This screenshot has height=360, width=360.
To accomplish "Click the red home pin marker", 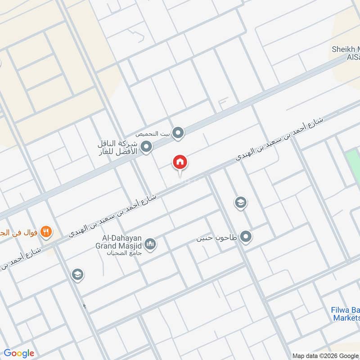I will click(180, 162).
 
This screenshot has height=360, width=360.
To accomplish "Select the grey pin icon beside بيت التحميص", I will click(179, 133).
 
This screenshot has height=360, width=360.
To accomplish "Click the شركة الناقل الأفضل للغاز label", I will click(118, 148).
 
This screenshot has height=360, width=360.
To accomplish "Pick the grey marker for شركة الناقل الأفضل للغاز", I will click(146, 147).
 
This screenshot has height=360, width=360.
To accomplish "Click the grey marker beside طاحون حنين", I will click(246, 236).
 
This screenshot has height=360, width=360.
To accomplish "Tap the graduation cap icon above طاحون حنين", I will click(240, 202).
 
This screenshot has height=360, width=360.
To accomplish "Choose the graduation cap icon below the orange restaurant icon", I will click(77, 274).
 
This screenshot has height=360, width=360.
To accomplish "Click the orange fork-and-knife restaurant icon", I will click(46, 232).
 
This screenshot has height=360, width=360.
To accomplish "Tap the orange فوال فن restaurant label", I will click(18, 232).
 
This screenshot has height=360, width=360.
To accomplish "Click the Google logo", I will click(19, 353).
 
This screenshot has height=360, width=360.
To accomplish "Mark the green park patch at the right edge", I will click(353, 165).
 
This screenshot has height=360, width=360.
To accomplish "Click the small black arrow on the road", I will click(84, 306).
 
